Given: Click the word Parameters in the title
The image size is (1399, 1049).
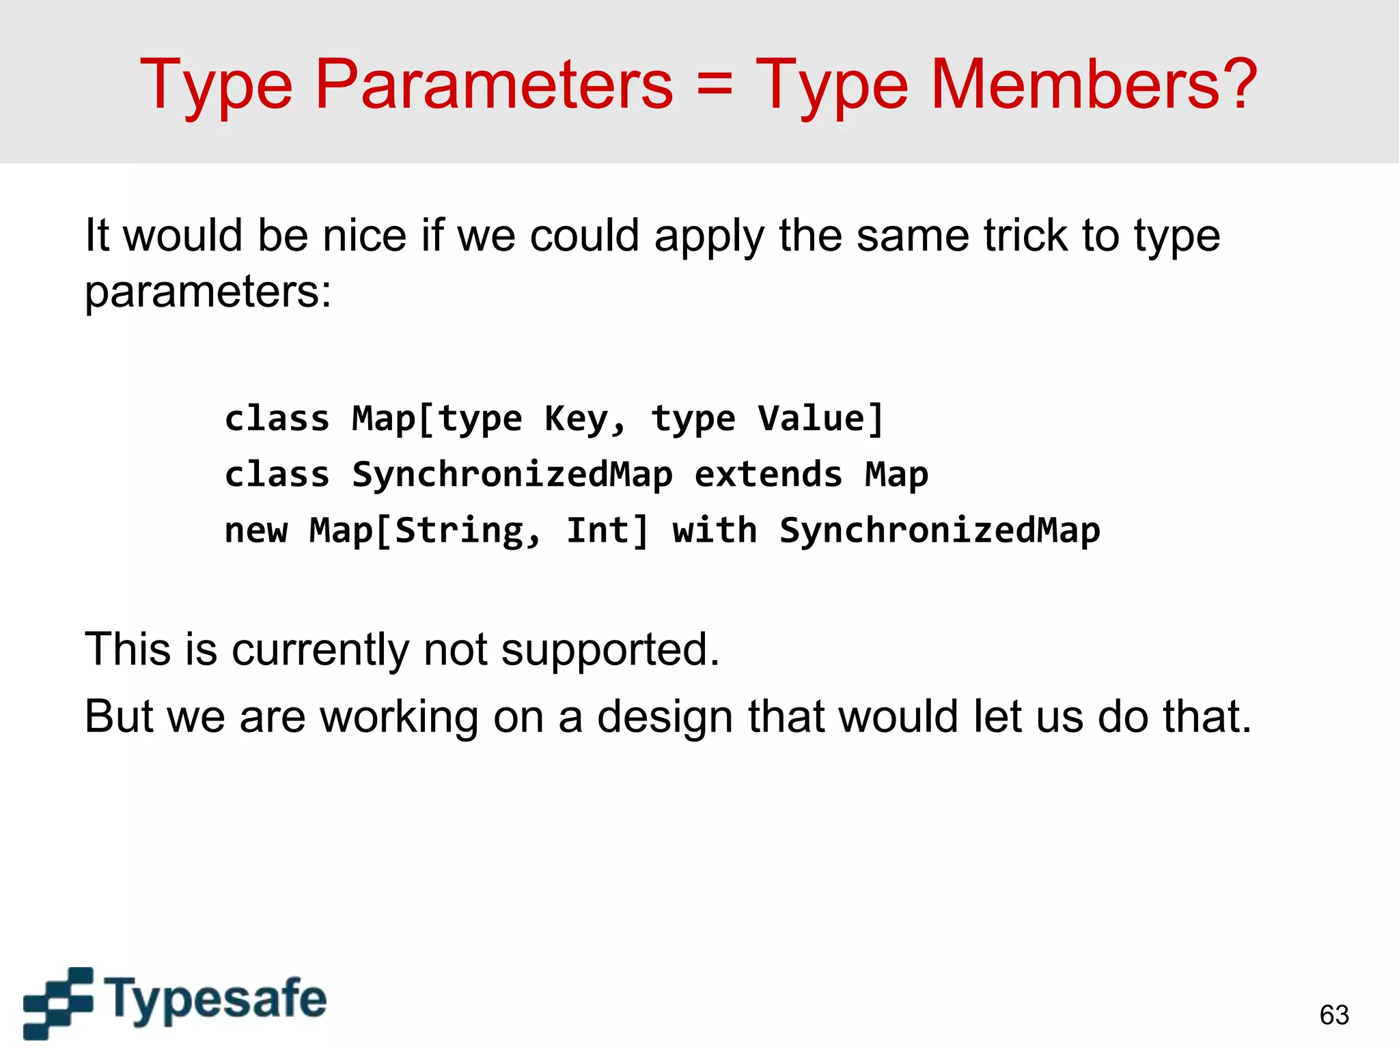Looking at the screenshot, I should (x=493, y=85).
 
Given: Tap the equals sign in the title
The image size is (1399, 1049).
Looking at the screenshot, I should (x=715, y=85).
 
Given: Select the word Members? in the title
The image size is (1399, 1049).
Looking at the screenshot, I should (x=1093, y=85).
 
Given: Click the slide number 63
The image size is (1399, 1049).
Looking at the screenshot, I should (x=1334, y=1015).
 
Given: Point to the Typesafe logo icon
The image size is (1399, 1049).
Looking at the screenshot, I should (x=58, y=1002).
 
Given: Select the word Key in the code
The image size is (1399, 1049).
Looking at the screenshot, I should (x=575, y=418).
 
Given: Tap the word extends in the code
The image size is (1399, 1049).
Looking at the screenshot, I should (x=768, y=474).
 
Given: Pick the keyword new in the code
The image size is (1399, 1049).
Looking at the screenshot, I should (x=256, y=530).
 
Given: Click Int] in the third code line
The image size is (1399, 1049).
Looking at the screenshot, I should (x=607, y=530).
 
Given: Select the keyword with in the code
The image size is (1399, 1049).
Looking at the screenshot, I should (x=715, y=530).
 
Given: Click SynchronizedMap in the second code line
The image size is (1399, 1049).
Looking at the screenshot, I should (x=512, y=474).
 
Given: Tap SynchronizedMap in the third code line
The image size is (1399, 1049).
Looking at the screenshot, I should (x=939, y=530).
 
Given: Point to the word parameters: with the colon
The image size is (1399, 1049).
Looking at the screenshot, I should (x=208, y=292).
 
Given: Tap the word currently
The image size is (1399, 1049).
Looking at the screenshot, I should (x=320, y=649).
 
